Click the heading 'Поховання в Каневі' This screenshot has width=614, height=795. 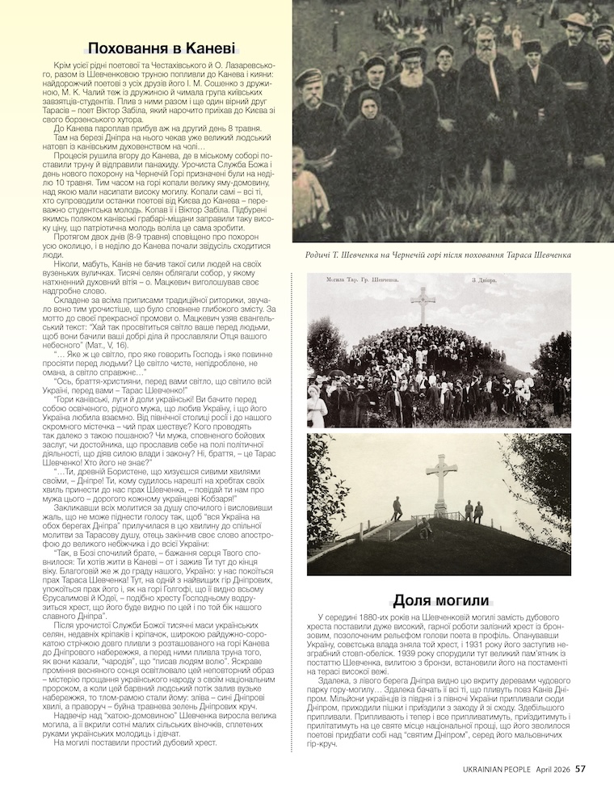(x=150, y=47)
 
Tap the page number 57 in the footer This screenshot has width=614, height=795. (x=580, y=768)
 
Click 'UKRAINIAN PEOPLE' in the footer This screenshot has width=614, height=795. (x=493, y=768)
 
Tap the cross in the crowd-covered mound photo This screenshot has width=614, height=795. (x=422, y=304)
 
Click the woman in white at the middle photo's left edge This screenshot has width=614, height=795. (x=313, y=404)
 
